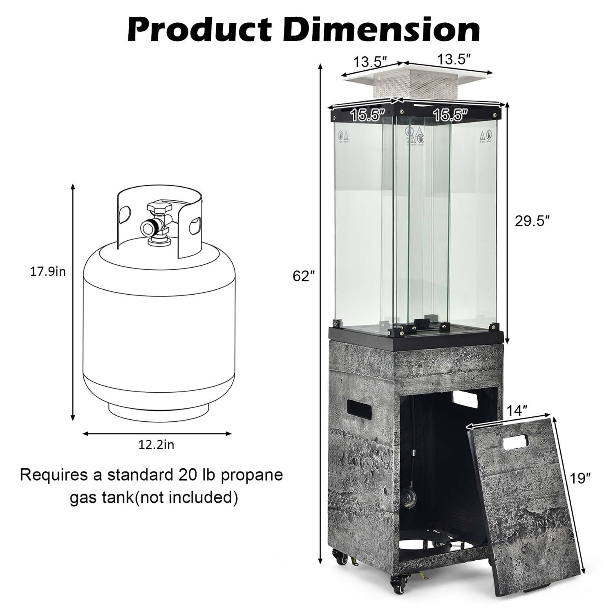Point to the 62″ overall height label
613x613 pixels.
(303, 276)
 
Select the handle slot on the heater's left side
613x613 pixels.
(358, 406)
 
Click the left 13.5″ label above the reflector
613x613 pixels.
(370, 62)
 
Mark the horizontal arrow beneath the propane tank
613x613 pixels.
(157, 434)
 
